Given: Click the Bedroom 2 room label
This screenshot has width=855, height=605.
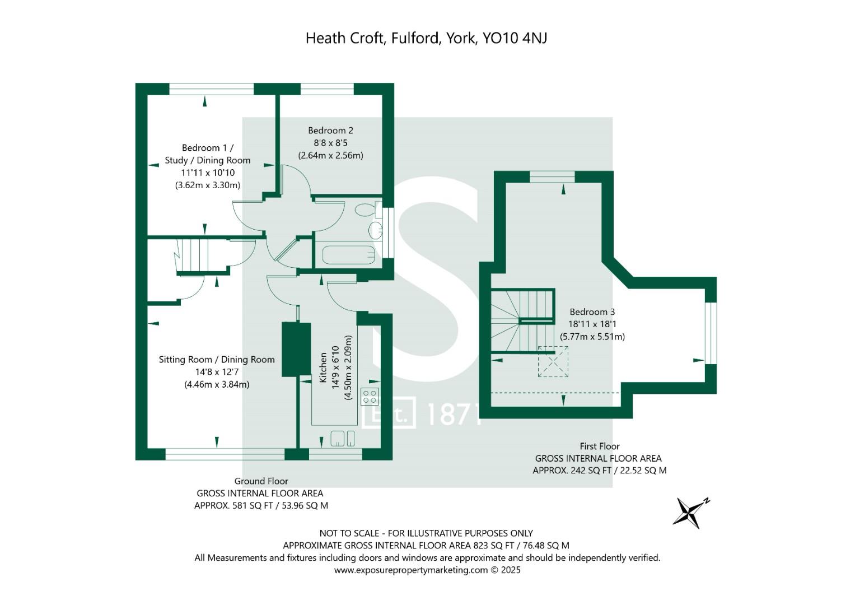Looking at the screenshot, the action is coord(330,131).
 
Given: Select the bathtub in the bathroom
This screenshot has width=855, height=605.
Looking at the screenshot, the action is coord(349,255).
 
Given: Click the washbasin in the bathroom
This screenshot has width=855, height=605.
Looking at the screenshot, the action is coord(376,230).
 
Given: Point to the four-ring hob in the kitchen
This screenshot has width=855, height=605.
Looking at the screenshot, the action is coord(370,396).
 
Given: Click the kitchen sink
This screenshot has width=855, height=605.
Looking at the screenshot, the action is coord(342,438).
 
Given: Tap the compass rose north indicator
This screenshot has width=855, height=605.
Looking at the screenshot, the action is coord(692,513).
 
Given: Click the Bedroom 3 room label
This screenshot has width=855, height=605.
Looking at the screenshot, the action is coord(592,311).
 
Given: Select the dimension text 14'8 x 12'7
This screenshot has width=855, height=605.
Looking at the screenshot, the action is coord(217,371).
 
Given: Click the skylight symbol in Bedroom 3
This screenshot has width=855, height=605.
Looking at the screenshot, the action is coord(553,361).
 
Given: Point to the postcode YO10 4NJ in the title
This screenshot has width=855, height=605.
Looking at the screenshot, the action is coord(515,38).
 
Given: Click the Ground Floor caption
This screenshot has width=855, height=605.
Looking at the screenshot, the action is coord(261,481).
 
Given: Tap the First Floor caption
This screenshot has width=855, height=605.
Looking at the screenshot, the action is coord(600,446).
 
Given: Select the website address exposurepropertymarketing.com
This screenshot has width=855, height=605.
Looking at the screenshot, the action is coord(411,570).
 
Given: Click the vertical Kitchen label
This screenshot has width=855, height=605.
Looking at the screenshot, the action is coord(323,367).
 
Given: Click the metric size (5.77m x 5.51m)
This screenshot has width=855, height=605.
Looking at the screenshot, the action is coord(592,337).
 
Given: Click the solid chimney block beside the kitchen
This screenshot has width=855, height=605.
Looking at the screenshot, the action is coord(296,350).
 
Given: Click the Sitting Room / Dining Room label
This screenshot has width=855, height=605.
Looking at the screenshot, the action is coord(217,360).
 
